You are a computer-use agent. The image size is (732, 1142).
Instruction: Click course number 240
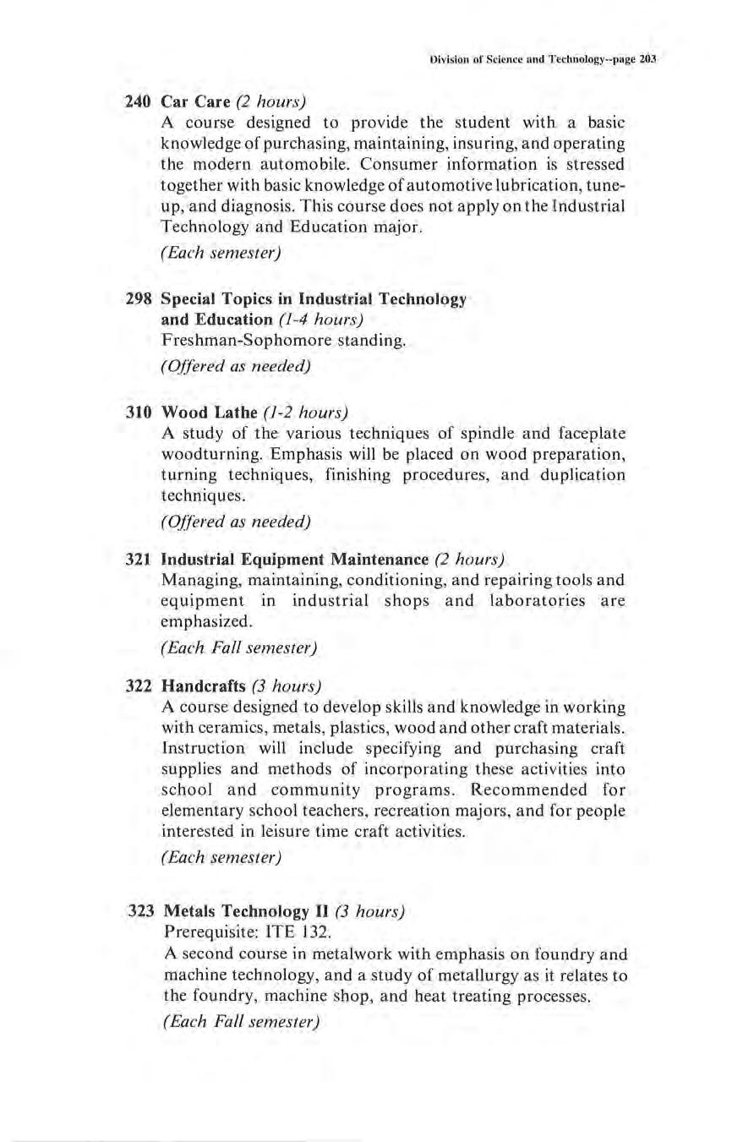point(138,102)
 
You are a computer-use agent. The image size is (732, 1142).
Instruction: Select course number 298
point(138,299)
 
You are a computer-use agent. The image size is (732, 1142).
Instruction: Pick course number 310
point(138,413)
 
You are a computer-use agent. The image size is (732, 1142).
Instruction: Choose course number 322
point(138,685)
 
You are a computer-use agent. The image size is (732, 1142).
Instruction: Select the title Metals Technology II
point(245,912)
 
